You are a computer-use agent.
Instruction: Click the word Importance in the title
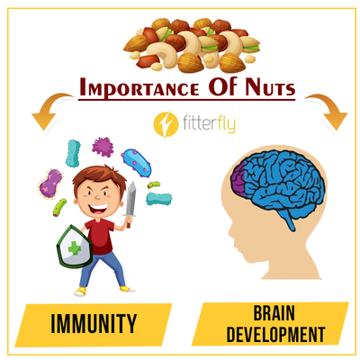click(139, 86)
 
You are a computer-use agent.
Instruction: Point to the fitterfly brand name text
click(209, 123)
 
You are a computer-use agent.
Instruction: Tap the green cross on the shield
click(75, 248)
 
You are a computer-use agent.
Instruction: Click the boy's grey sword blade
click(131, 198)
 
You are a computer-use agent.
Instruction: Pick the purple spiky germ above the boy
click(103, 147)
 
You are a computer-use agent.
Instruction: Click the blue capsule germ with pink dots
click(136, 163)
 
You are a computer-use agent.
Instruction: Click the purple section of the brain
click(238, 181)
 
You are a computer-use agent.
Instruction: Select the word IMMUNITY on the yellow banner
click(94, 324)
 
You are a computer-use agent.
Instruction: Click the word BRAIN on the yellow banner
click(274, 313)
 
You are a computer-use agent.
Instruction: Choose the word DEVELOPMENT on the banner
click(275, 334)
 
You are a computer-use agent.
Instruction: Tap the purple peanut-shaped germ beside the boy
click(50, 184)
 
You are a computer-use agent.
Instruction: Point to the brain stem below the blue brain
click(290, 223)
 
